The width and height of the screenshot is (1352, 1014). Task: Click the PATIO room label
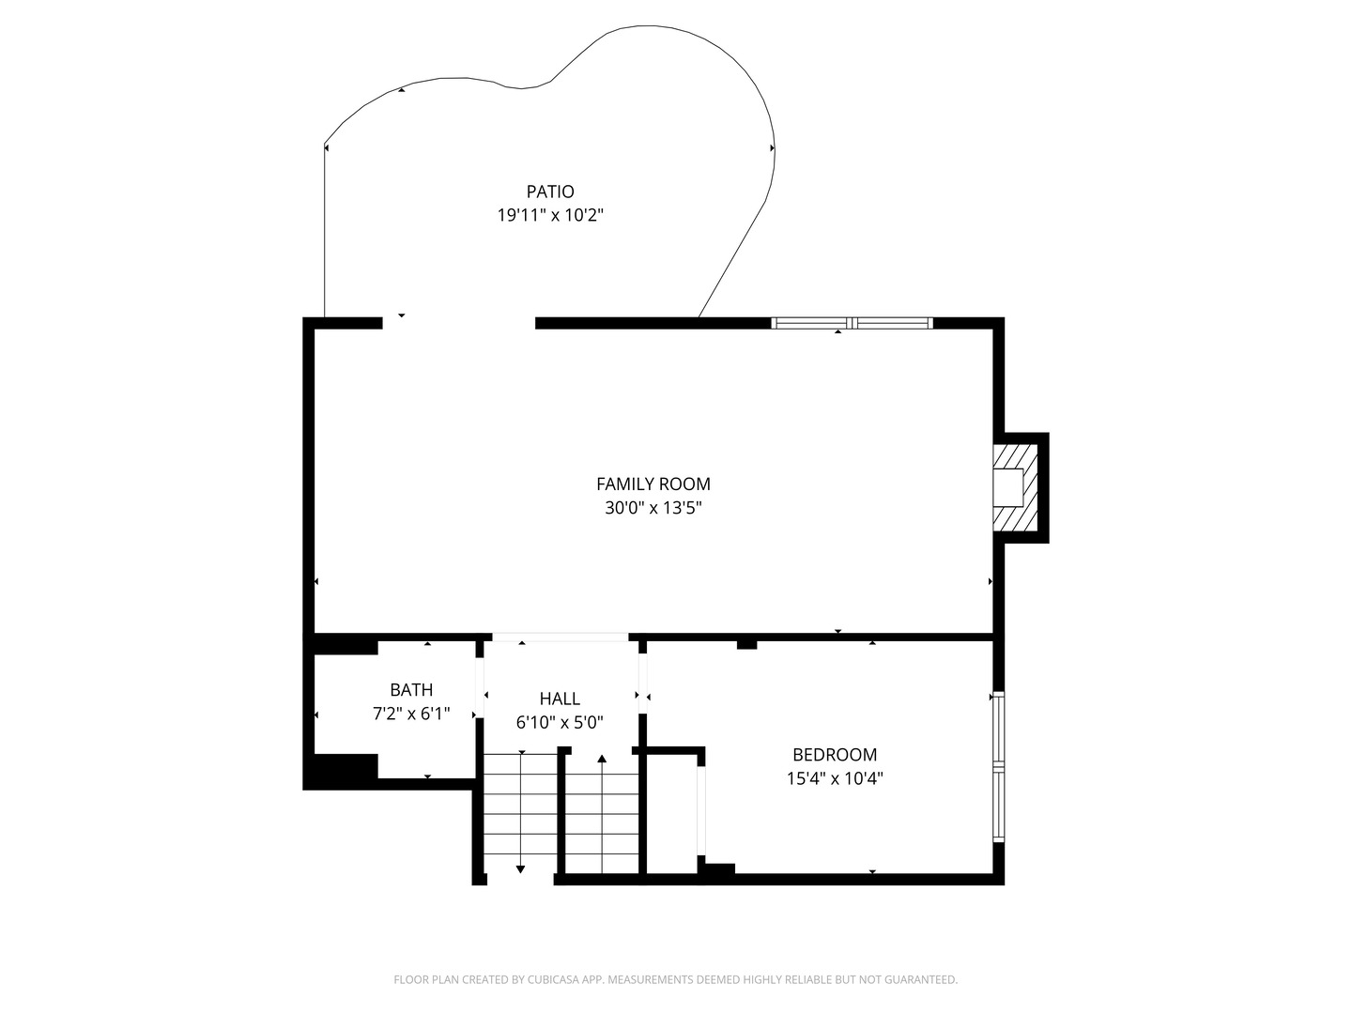point(549,192)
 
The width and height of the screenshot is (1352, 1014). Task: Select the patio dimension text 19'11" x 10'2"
point(549,215)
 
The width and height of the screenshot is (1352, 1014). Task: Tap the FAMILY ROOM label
point(653,484)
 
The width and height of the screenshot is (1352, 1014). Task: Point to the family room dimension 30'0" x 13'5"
point(653,508)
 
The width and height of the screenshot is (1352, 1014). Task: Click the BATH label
point(411,690)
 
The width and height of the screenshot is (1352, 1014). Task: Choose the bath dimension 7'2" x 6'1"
point(411,714)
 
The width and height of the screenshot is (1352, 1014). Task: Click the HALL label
point(560,699)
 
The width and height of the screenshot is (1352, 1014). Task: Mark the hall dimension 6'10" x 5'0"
point(560,722)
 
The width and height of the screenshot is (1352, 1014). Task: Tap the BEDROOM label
point(834,754)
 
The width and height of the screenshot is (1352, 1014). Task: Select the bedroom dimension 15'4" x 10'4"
point(834,777)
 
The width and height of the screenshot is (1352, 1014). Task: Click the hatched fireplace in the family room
point(1015,487)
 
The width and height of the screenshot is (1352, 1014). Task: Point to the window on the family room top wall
point(852,323)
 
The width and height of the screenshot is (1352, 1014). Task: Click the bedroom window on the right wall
point(998,767)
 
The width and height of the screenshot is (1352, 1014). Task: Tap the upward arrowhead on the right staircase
point(602,758)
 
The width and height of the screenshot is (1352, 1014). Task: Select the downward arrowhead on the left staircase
point(521,869)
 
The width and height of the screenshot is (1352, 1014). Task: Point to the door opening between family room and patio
point(458,323)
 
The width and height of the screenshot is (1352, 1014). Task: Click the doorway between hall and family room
point(560,638)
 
